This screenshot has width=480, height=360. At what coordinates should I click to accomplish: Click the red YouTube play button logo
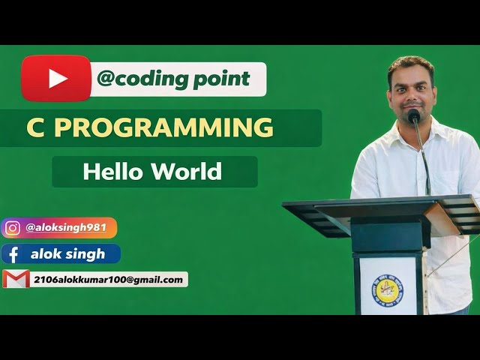point(56,78)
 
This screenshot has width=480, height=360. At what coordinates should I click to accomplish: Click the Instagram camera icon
point(13,228)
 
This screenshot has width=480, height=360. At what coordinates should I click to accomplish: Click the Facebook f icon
point(13,254)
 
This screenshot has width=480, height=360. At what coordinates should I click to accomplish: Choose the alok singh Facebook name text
point(67,253)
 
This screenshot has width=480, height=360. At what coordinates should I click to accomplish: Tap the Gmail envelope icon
point(16,279)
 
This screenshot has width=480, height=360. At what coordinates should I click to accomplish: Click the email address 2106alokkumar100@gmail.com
point(107,280)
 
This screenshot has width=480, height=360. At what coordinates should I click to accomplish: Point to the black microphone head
point(413,116)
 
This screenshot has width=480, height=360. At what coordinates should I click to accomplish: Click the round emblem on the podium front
point(387,288)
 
